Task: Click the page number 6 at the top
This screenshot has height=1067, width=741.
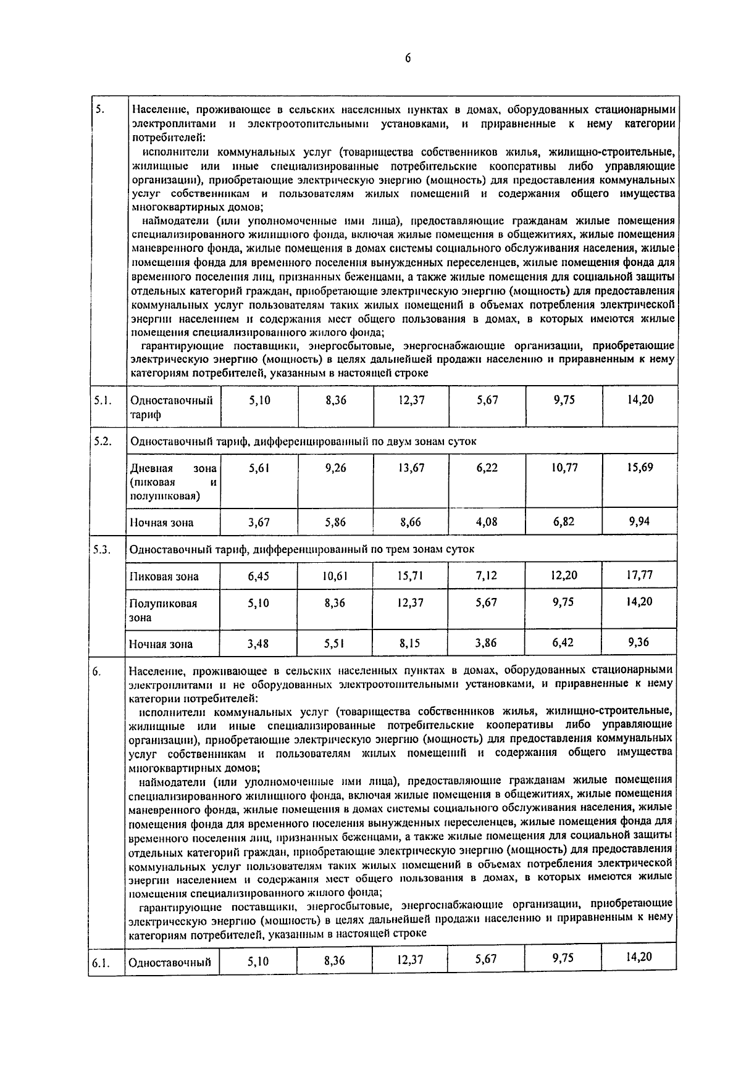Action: pos(408,58)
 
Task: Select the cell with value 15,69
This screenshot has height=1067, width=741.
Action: pos(640,468)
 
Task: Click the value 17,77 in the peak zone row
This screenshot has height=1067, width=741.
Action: pos(640,575)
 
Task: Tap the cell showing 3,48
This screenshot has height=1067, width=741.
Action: pos(258,644)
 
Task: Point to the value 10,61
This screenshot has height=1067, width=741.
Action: pos(335,576)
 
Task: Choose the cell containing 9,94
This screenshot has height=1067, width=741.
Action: pos(640,521)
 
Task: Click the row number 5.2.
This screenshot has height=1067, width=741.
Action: pos(103,441)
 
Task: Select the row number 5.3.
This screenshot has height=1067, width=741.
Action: pos(103,549)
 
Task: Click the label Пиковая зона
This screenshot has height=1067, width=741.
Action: pos(164,576)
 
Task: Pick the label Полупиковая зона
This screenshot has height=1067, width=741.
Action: pos(163,610)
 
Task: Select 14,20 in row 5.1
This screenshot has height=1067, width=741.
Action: pos(640,400)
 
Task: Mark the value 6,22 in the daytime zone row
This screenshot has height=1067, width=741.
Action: pos(487,468)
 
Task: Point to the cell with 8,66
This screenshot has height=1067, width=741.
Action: pos(411,522)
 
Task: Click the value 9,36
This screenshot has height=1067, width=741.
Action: pos(638,642)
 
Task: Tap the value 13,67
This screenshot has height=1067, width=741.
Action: pos(411,468)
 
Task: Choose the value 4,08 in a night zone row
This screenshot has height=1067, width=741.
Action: pos(487,522)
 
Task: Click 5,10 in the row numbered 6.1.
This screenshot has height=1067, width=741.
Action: pos(258,961)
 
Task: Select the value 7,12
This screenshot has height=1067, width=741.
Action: pos(487,576)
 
